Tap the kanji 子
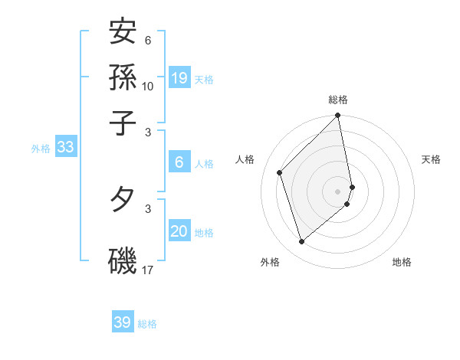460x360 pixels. tap(123, 122)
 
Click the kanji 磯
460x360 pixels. tap(123, 261)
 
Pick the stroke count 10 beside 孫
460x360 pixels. tap(148, 86)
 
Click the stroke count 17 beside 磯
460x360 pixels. tap(148, 270)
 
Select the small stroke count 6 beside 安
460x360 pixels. tap(148, 41)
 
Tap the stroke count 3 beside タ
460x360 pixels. tap(148, 208)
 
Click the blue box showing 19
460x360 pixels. tap(179, 78)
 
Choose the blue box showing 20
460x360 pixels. tap(179, 232)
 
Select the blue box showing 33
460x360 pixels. tap(65, 148)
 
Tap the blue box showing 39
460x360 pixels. tap(123, 322)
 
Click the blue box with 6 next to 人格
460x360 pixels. tap(179, 162)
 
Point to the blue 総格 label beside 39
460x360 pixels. tap(147, 324)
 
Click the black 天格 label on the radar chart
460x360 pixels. tap(431, 159)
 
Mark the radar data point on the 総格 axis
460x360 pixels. tap(338, 116)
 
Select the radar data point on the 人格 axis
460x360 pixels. tap(280, 172)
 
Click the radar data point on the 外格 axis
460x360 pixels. tap(302, 242)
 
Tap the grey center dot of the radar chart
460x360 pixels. tap(338, 191)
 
